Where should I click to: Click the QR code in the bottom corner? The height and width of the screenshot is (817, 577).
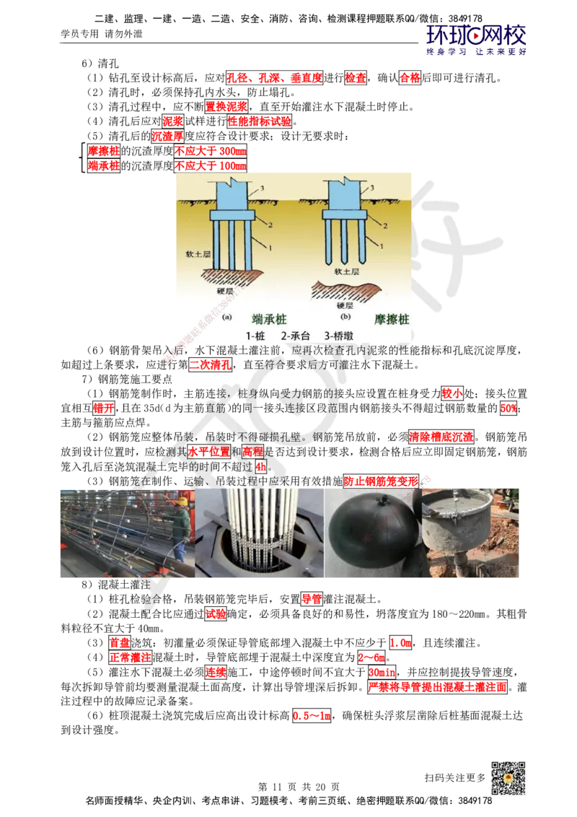[x=507, y=779]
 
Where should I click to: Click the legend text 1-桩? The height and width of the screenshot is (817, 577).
[x=256, y=336]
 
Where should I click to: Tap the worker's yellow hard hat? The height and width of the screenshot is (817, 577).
[x=183, y=500]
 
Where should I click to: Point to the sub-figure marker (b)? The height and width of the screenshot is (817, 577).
[x=345, y=316]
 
